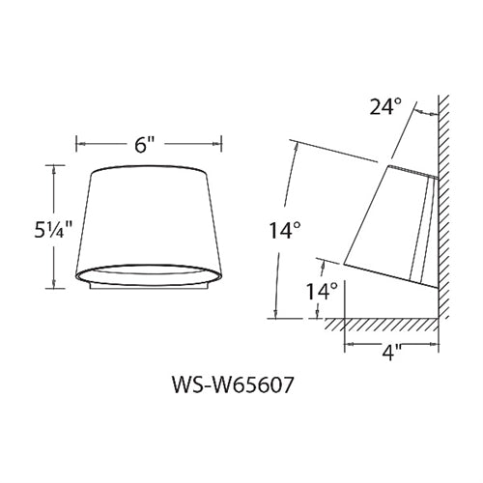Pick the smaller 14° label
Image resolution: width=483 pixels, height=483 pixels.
pyautogui.click(x=324, y=290)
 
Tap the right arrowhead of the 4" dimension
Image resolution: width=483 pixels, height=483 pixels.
pyautogui.click(x=433, y=344)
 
